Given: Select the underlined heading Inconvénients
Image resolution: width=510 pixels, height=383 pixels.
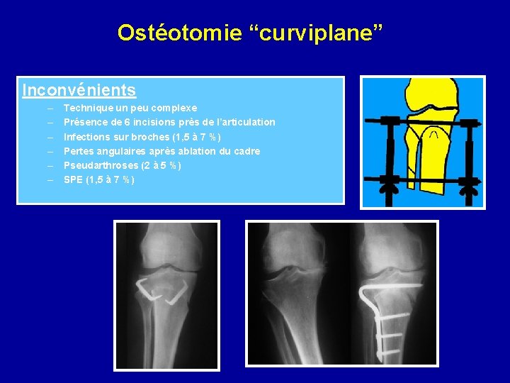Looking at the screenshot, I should coord(79,91).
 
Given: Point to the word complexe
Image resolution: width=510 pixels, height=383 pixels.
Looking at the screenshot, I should coord(173,109).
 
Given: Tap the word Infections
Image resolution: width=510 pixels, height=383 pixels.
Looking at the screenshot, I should coord(86,137).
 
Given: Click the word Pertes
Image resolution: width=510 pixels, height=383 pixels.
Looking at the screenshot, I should coord(78,151).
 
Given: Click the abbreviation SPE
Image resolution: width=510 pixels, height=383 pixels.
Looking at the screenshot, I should coord(73,179).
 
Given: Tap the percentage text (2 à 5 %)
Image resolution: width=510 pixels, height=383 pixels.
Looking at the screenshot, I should coord(160,165).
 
